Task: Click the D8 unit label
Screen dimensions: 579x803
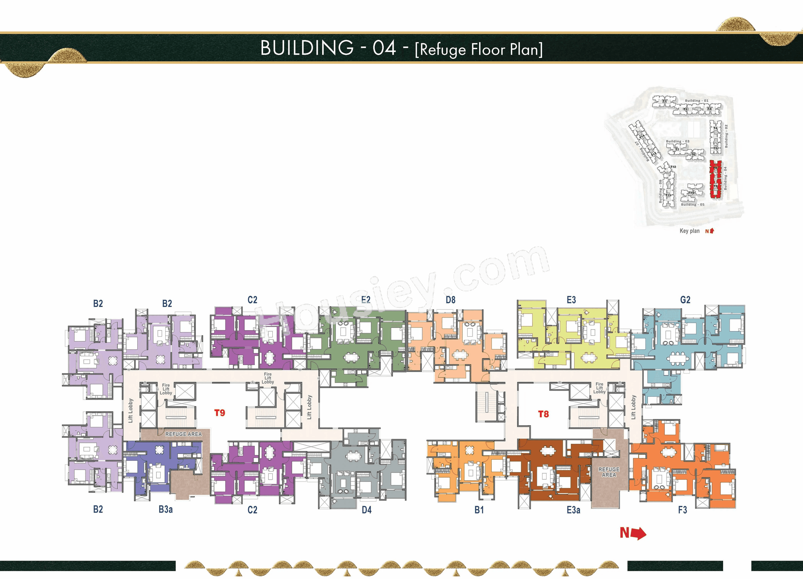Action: (450, 300)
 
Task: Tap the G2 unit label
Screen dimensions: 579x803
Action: (685, 300)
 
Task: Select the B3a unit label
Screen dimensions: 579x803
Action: (165, 509)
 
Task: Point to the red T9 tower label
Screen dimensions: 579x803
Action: (220, 413)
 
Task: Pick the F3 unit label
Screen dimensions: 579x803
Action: (682, 510)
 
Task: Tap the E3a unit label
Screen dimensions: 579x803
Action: (573, 510)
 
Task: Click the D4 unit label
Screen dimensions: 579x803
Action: (366, 510)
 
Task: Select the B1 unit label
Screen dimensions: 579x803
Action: (479, 510)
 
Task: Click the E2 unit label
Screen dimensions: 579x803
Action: (366, 300)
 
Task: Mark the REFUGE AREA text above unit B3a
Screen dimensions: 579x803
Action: (183, 434)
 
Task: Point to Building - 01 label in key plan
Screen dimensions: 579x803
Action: (696, 101)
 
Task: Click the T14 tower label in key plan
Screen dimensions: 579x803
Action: (642, 136)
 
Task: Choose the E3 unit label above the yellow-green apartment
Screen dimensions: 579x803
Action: (571, 300)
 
